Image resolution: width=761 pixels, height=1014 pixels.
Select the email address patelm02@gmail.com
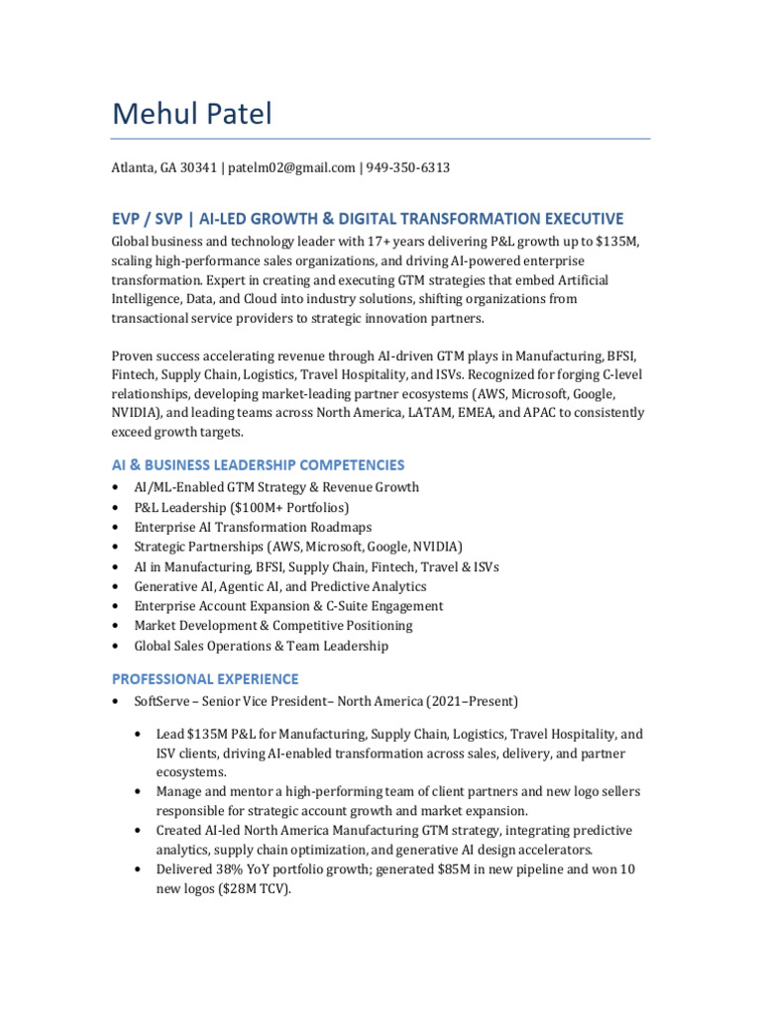click(291, 168)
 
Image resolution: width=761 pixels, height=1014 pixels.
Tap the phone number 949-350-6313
click(407, 168)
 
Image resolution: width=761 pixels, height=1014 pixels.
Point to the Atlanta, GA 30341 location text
click(163, 168)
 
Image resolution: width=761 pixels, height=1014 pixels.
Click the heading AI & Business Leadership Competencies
click(258, 464)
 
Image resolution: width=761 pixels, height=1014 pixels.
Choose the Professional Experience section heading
click(204, 679)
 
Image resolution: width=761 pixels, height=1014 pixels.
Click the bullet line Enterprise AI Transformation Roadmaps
click(253, 528)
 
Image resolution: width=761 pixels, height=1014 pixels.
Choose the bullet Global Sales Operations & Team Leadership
click(262, 647)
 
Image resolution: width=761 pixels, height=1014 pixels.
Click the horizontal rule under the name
click(380, 139)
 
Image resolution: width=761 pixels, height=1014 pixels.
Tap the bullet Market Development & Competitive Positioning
click(273, 627)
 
